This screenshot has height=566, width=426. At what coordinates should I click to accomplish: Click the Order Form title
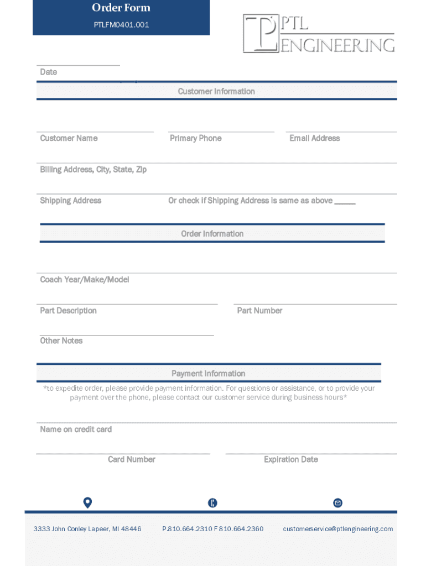(x=121, y=8)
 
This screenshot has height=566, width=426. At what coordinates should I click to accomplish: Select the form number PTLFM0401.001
(x=121, y=25)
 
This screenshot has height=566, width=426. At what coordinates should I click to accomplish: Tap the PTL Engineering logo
(x=319, y=34)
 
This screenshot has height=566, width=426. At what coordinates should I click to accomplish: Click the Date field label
(x=49, y=72)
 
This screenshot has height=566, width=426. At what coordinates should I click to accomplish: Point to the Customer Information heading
(x=216, y=91)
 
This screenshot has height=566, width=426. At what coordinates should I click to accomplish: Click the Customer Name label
(x=69, y=138)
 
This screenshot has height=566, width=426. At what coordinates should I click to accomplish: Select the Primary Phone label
(x=195, y=138)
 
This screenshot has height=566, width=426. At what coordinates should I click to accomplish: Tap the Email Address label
(x=314, y=138)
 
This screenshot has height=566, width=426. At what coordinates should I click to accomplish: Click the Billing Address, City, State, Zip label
(x=93, y=170)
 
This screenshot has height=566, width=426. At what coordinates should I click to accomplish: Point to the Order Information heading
(x=212, y=234)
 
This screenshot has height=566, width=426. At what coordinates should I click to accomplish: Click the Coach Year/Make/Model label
(x=84, y=280)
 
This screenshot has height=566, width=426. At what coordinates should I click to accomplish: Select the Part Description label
(x=68, y=311)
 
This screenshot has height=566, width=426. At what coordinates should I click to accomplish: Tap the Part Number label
(x=259, y=311)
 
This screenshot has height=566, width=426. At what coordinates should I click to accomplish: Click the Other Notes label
(x=61, y=341)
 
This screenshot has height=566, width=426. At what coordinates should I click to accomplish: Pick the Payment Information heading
(x=208, y=374)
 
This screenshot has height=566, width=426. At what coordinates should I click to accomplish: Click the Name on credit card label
(x=76, y=429)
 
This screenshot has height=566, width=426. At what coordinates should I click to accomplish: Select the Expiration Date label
(x=291, y=459)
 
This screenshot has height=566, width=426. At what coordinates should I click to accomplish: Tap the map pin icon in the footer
(x=87, y=502)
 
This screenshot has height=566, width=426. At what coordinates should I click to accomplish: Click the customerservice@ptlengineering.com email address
(x=338, y=529)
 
